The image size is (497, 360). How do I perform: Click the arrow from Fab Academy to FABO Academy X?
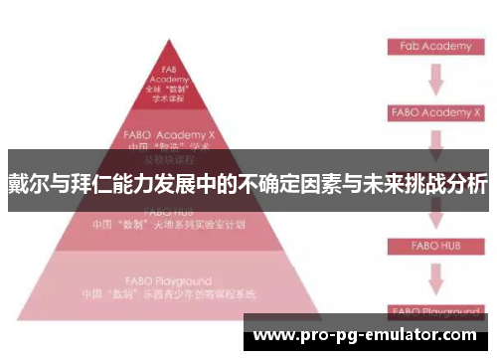point(434,79)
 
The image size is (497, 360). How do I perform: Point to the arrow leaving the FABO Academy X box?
point(434,139)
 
